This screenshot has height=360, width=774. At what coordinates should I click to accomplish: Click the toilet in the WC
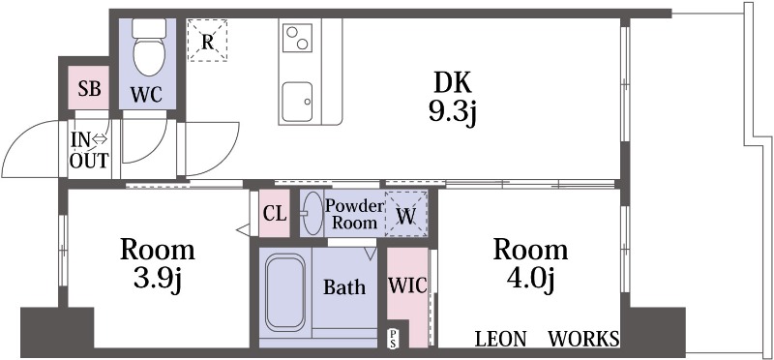[x=148, y=47]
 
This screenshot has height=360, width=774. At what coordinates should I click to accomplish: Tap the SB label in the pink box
[x=90, y=89]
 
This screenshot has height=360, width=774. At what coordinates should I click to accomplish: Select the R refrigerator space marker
[x=207, y=41]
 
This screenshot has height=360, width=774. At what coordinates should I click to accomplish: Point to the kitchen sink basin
[x=298, y=102]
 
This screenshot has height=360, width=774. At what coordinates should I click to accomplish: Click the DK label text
[x=453, y=82]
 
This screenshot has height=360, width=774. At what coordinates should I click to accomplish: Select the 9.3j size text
[x=452, y=114]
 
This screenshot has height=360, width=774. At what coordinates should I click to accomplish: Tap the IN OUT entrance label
[x=89, y=150]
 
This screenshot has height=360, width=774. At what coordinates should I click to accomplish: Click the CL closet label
[x=275, y=214]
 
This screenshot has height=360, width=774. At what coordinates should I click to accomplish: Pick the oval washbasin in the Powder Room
[x=312, y=213]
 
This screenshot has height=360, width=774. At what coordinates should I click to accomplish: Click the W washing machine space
[x=406, y=214]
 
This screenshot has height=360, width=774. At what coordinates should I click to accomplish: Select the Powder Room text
[x=354, y=214]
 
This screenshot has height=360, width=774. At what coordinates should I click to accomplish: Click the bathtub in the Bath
[x=284, y=291]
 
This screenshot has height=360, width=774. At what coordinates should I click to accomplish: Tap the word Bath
[x=344, y=286]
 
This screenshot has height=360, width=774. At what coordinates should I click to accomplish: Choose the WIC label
[x=407, y=285]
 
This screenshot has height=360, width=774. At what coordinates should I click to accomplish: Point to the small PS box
[x=394, y=339]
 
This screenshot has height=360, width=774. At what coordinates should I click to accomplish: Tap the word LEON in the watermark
[x=500, y=340]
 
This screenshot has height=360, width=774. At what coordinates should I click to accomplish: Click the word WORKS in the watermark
[x=583, y=340]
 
